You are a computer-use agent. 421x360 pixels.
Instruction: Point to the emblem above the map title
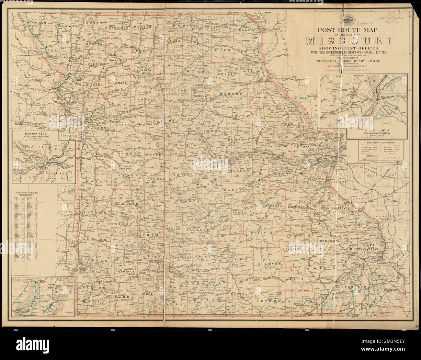pyautogui.click(x=347, y=19)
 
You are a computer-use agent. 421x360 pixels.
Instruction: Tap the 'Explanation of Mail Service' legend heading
pyautogui.click(x=379, y=142)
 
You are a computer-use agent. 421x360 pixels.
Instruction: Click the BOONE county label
pyautogui.click(x=212, y=130)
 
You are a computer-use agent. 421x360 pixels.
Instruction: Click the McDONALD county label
pyautogui.click(x=94, y=301)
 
